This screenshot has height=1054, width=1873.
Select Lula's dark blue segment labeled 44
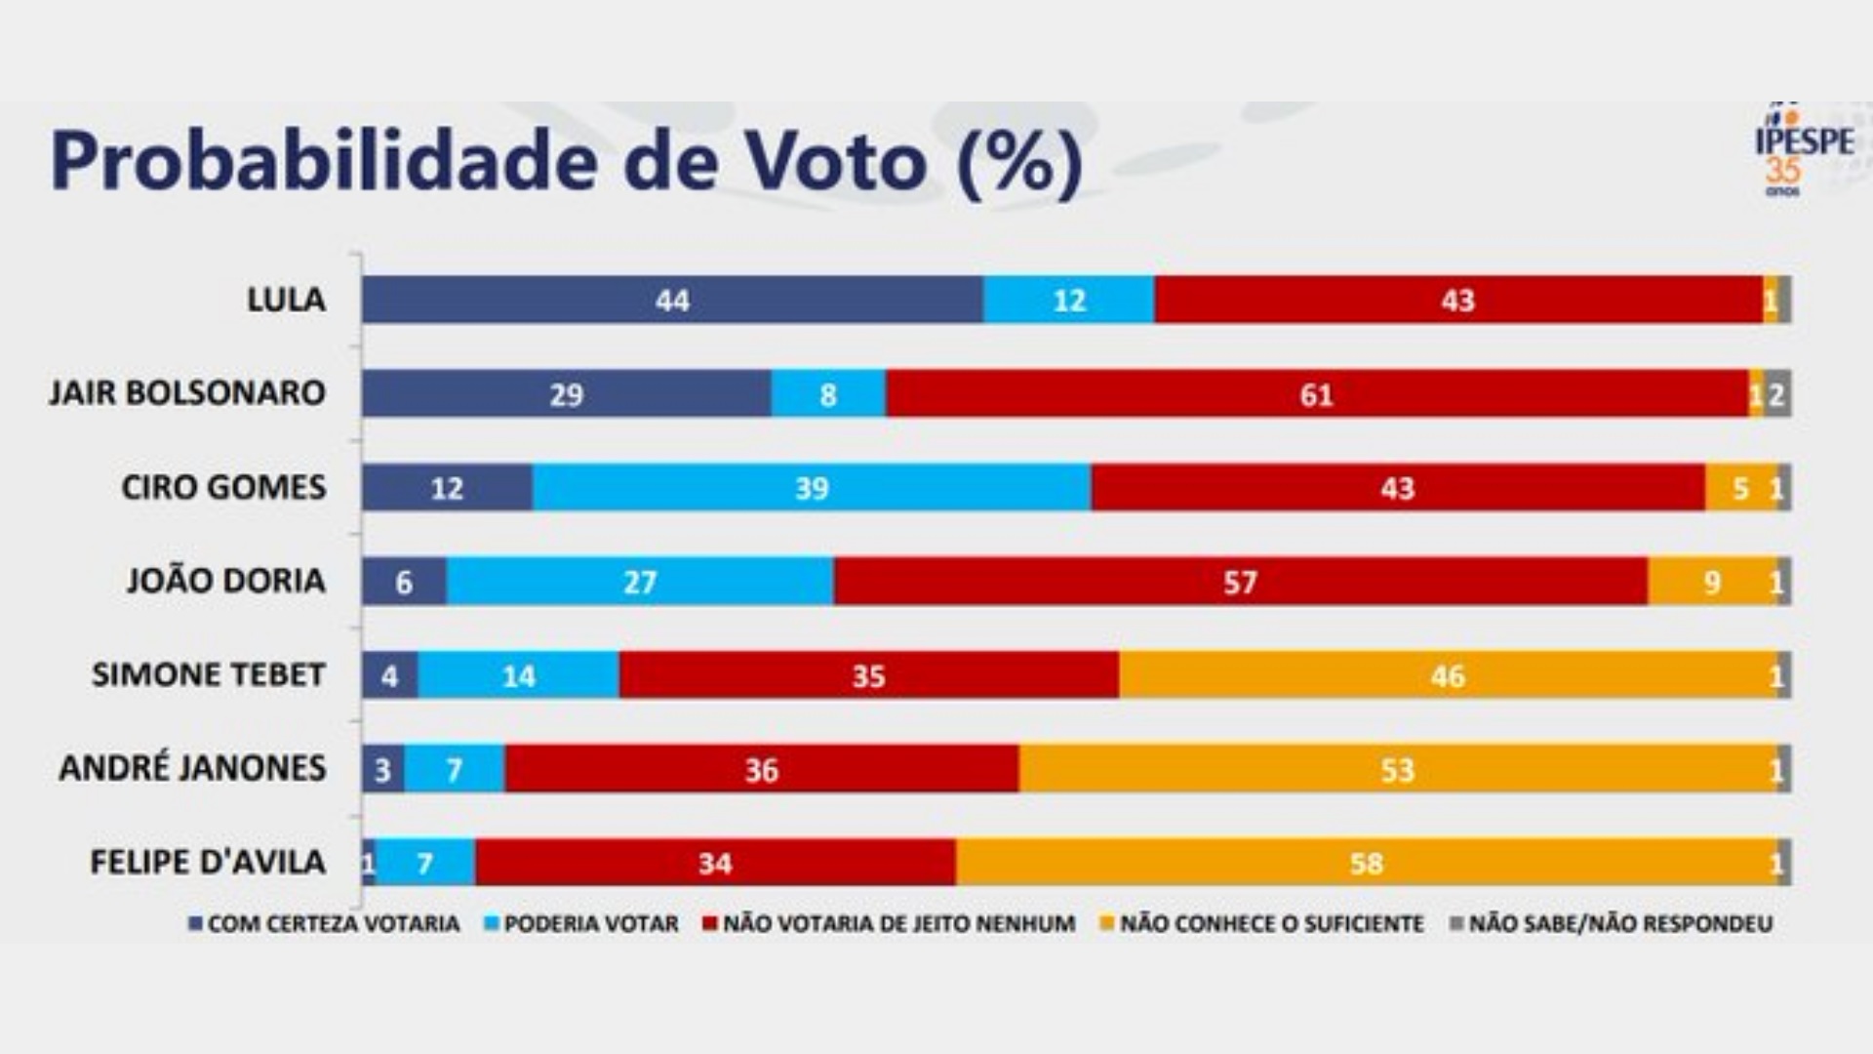coord(672,300)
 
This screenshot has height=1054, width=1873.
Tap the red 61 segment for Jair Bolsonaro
coord(1316,394)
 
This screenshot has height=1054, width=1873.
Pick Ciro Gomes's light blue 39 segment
coord(811,488)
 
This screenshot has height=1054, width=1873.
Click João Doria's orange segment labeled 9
coord(1712,582)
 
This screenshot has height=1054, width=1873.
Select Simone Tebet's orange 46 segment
coord(1448,675)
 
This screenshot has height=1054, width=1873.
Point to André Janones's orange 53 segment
coord(1397,770)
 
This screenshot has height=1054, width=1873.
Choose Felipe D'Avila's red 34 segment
coord(715,863)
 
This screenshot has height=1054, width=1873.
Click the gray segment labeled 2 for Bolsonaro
coord(1777,394)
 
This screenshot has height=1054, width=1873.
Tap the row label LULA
coord(286,300)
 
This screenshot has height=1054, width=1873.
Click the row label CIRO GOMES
coord(223,487)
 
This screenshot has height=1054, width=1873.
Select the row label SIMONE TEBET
coord(208,675)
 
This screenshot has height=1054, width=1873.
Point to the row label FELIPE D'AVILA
coord(208,863)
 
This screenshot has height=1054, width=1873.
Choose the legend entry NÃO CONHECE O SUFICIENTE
coord(1262,923)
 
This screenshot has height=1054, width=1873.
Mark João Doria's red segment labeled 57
coord(1240,582)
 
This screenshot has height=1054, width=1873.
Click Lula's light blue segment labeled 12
coord(1068,300)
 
